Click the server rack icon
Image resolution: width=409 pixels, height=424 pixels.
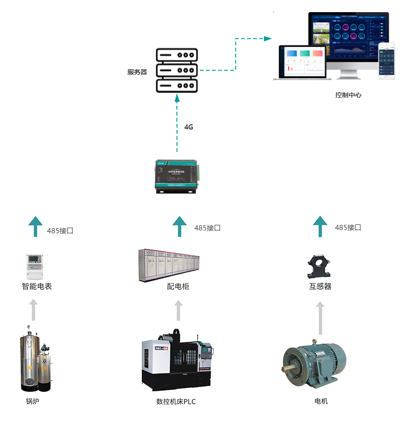177,71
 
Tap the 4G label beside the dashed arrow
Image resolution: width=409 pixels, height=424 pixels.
189,127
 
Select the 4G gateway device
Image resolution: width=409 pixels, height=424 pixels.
177,177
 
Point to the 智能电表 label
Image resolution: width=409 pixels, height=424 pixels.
37,286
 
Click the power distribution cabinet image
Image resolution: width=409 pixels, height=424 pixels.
169,266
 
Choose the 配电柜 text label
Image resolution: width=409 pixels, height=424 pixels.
178,286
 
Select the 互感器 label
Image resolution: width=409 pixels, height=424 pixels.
320,286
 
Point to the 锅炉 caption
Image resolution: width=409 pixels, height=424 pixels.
32,401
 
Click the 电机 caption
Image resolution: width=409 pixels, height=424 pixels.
321,401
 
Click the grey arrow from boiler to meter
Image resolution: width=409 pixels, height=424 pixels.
33,309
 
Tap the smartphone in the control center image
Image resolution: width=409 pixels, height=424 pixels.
387,61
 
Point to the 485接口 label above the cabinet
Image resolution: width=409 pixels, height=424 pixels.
207,228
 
